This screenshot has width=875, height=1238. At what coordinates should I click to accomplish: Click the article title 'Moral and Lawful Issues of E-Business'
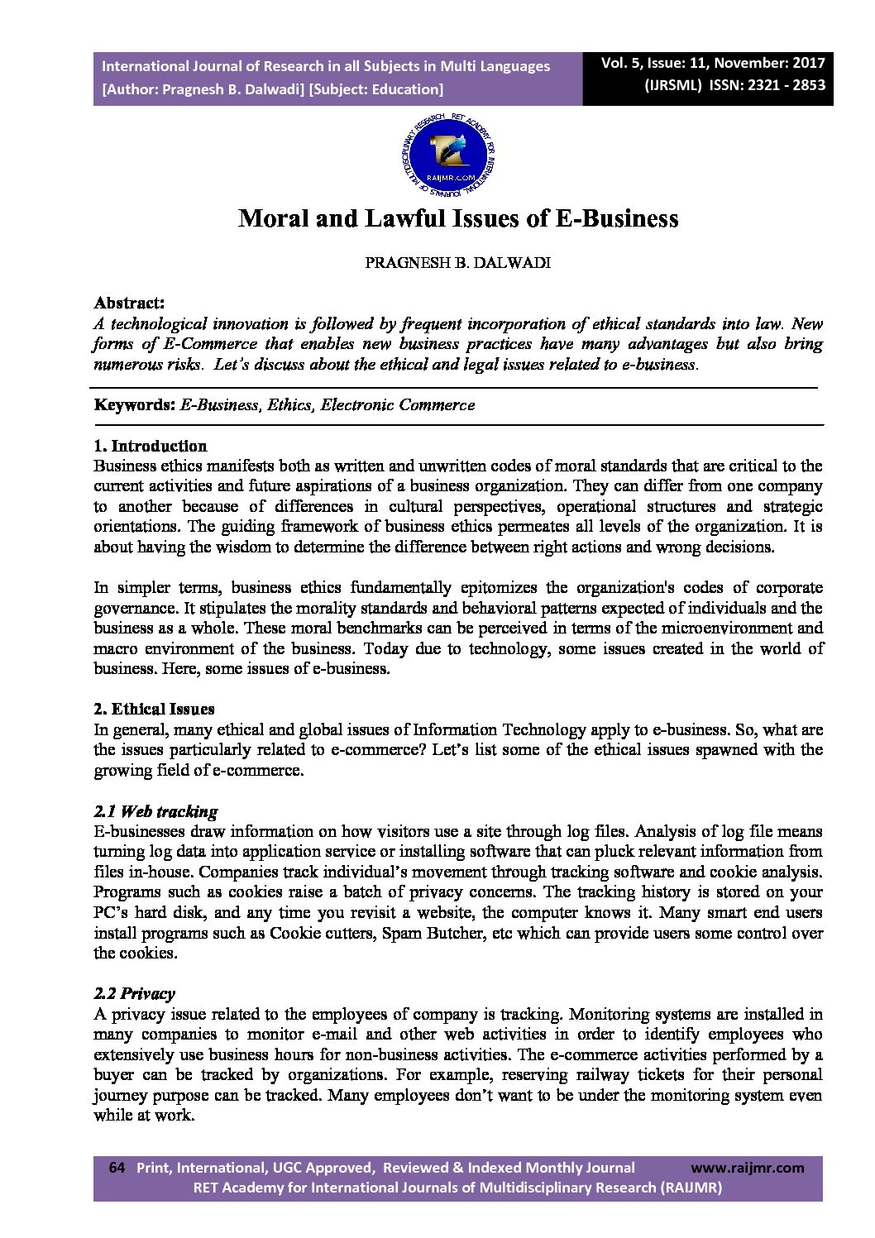tap(458, 218)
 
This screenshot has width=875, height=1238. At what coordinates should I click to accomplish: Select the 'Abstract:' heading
tap(129, 303)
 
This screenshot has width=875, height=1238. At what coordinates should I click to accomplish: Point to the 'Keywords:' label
tap(134, 405)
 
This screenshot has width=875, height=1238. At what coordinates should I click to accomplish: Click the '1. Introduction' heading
tap(151, 447)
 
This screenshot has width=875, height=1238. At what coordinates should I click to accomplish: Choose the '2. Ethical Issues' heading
tap(154, 709)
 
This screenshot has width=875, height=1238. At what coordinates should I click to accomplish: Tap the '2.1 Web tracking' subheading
tap(156, 811)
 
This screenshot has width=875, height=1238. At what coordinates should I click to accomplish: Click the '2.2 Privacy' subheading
tap(135, 994)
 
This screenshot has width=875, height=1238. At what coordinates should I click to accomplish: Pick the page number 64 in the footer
tap(117, 1168)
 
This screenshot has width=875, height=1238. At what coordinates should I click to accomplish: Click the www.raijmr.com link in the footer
tap(747, 1168)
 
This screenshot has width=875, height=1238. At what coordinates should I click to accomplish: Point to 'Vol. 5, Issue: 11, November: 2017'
tap(713, 64)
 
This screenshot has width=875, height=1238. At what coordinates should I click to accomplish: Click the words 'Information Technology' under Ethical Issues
tap(499, 729)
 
